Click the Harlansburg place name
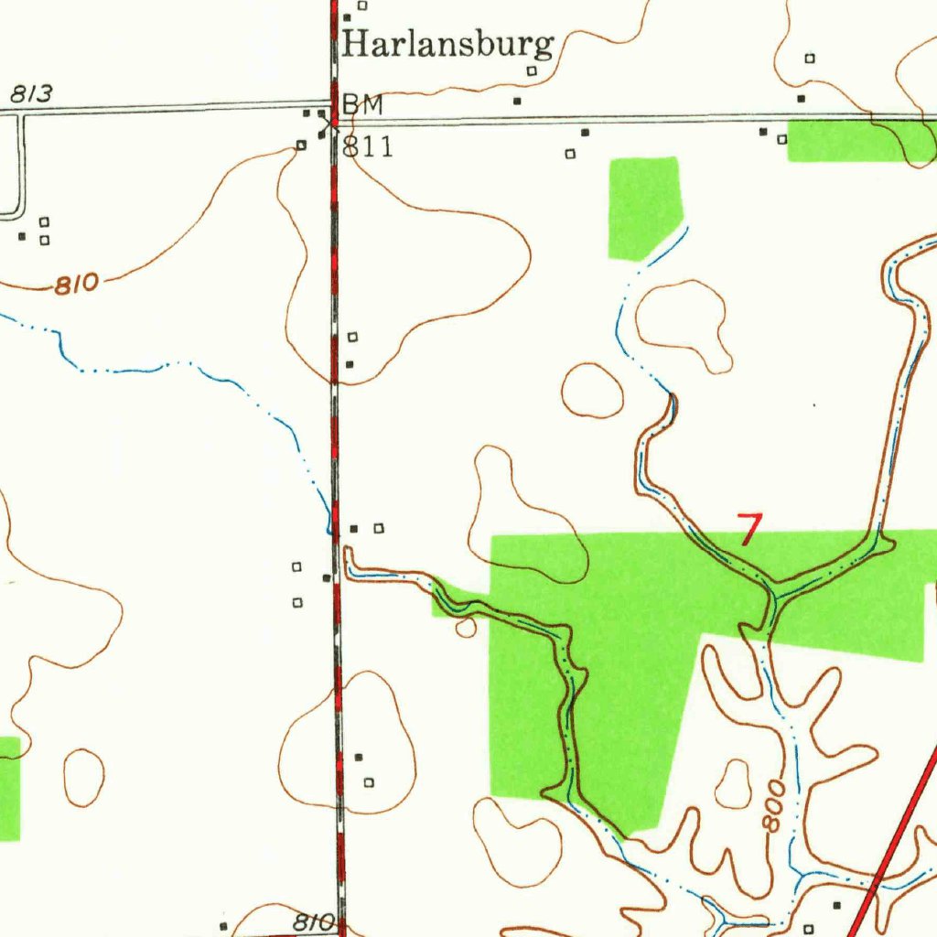(448, 44)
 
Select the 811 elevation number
(368, 146)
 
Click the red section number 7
(750, 529)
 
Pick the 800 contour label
(774, 806)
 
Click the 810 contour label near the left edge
(76, 285)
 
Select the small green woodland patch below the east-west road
(645, 206)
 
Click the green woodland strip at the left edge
(8, 787)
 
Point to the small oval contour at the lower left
(83, 778)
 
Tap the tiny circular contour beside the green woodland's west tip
(466, 627)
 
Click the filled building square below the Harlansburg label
(517, 101)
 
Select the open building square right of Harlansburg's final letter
(531, 70)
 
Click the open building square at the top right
(810, 59)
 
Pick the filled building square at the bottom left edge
(224, 926)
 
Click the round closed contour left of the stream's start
(593, 390)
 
